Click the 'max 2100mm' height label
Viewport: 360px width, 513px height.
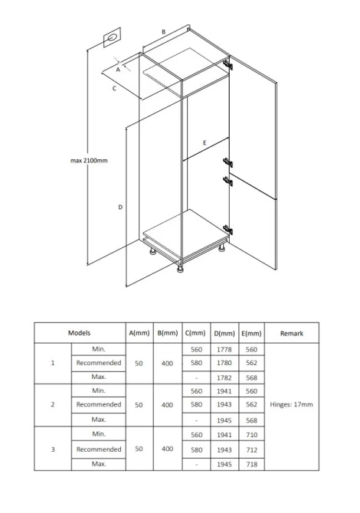point(89,160)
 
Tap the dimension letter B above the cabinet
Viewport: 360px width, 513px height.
point(164,32)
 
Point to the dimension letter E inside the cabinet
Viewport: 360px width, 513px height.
point(205,142)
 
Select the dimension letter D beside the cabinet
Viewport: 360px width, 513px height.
point(120,207)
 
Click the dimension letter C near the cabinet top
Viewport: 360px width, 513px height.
point(114,88)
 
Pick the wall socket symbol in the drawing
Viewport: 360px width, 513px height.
point(112,38)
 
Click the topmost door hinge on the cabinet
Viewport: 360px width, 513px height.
point(227,64)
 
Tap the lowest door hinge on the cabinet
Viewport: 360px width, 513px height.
point(227,230)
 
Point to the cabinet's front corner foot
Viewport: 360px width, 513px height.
point(180,269)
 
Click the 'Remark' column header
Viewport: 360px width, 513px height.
point(292,333)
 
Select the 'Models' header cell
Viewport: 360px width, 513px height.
point(79,333)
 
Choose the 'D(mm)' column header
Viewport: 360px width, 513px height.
point(224,334)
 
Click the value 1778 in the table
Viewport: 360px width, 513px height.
point(224,350)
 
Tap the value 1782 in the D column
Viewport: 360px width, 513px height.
point(224,378)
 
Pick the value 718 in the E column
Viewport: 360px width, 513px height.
point(252,465)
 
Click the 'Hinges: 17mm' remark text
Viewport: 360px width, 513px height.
point(291,404)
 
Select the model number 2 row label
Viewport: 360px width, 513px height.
point(53,405)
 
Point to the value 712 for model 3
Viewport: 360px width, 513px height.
point(252,450)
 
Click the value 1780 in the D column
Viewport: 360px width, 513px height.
point(224,363)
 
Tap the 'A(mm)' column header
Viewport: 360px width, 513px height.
point(139,333)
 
